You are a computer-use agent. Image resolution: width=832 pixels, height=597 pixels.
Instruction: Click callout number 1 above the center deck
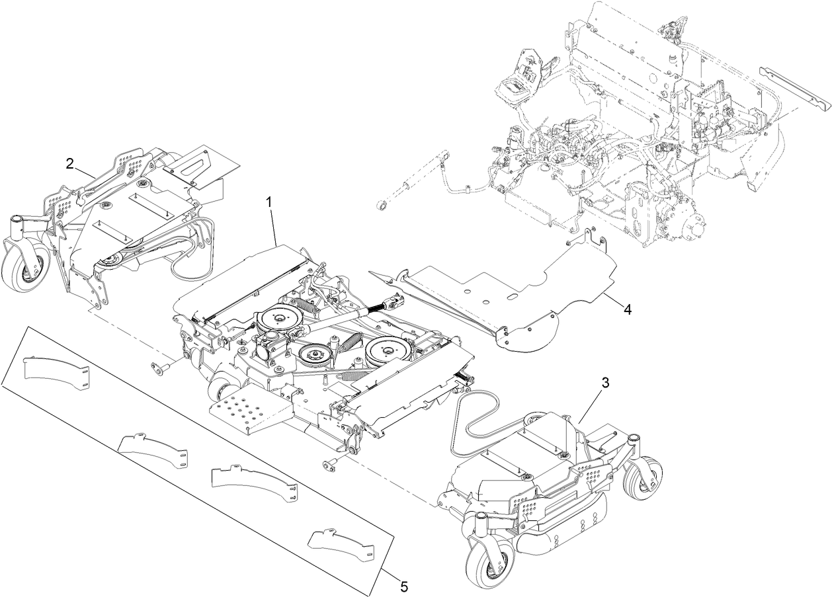pyautogui.click(x=269, y=202)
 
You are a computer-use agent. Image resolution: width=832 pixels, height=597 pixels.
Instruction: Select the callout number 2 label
pyautogui.click(x=69, y=163)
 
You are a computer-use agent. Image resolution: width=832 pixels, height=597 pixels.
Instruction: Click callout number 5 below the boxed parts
pyautogui.click(x=403, y=585)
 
